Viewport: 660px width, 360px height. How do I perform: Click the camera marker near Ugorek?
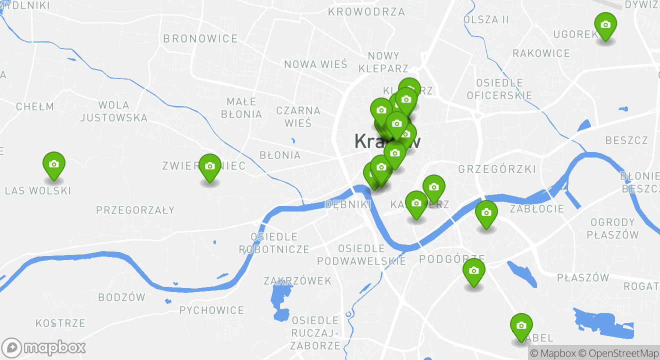click(605, 25)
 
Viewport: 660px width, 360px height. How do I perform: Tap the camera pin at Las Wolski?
click(54, 164)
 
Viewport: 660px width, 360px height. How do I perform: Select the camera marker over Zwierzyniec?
click(210, 167)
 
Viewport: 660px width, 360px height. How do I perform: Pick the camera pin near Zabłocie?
click(486, 213)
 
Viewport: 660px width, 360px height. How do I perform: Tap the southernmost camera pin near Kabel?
click(521, 326)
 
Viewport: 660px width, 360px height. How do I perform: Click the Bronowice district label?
click(200, 38)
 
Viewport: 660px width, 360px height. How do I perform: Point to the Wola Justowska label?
click(113, 111)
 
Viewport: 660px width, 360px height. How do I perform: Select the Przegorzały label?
click(135, 210)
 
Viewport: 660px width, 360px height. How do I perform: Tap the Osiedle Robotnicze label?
click(274, 242)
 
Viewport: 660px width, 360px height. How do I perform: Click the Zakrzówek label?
click(297, 281)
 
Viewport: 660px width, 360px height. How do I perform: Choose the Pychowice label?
click(211, 310)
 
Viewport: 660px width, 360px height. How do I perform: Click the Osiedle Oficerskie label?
click(499, 89)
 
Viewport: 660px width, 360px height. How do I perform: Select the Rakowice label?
click(541, 53)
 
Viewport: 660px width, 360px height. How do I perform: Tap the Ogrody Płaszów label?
click(612, 228)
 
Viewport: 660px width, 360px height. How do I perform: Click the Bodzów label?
click(121, 297)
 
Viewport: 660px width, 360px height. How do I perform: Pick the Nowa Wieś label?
click(315, 64)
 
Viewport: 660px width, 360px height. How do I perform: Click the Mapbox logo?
click(43, 347)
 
